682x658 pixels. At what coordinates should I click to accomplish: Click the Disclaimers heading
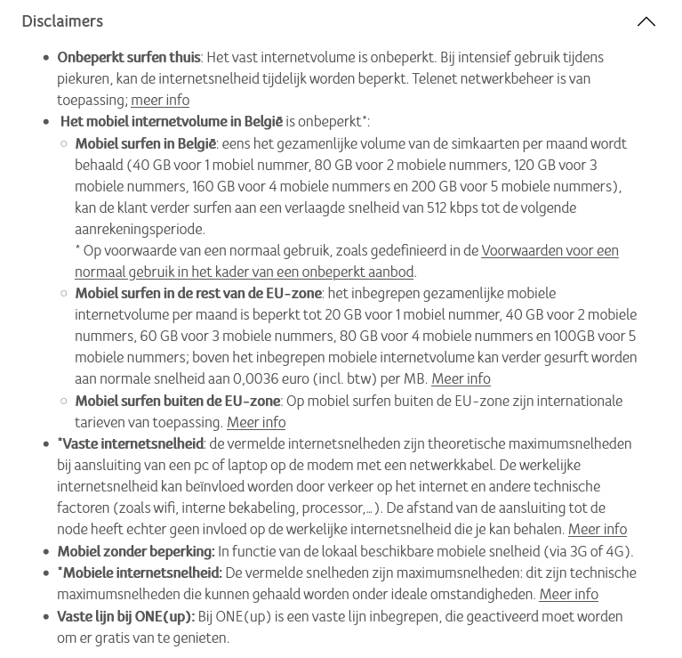click(x=62, y=21)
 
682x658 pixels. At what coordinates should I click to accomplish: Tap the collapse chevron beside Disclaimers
click(x=646, y=21)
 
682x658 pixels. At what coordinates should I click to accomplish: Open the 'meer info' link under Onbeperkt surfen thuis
click(x=160, y=100)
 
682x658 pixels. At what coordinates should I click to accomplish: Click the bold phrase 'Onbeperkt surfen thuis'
click(x=129, y=57)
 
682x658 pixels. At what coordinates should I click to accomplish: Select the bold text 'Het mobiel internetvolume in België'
click(x=171, y=121)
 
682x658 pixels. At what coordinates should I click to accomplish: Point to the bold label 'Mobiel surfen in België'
click(x=146, y=143)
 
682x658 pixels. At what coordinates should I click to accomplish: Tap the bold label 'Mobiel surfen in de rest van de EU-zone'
click(x=198, y=293)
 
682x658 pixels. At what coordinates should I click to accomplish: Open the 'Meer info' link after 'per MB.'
click(x=461, y=378)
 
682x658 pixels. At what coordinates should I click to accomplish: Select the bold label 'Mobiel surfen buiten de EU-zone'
click(x=178, y=401)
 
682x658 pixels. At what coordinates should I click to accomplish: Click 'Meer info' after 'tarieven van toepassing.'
click(x=256, y=422)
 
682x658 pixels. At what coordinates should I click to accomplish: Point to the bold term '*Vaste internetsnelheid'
click(x=131, y=443)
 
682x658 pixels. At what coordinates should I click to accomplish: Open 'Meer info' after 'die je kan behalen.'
click(x=598, y=529)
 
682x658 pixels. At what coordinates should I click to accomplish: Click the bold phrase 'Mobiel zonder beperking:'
click(x=135, y=551)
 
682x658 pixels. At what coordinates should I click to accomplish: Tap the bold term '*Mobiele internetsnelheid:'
click(x=140, y=573)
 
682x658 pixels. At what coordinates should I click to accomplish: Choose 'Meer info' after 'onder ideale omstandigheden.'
click(x=568, y=594)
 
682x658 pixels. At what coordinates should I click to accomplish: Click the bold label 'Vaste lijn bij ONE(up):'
click(x=125, y=616)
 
